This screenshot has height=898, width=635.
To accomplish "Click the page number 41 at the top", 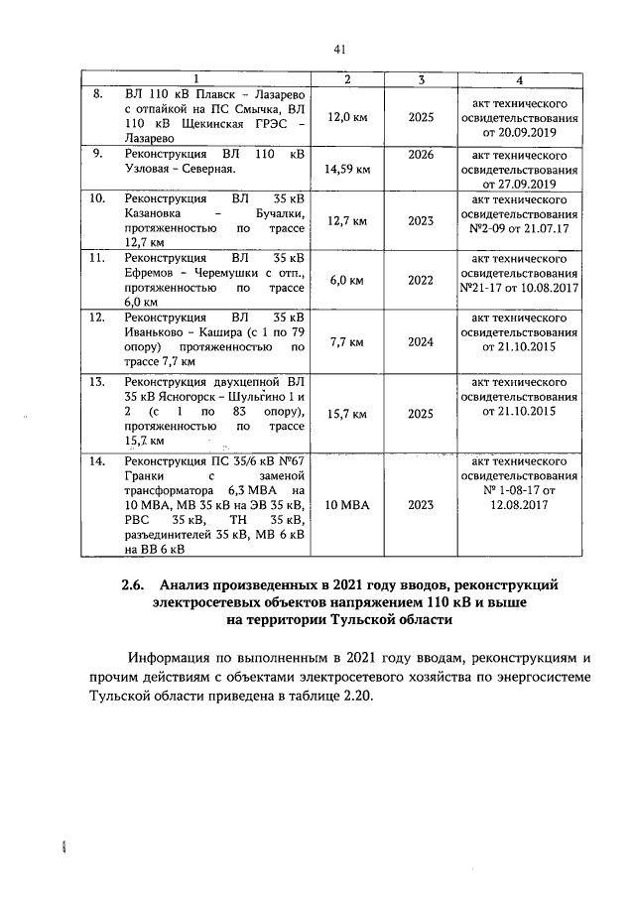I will (340, 49).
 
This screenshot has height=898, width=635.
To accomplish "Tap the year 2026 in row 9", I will (421, 155).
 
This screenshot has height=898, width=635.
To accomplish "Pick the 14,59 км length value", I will (347, 170).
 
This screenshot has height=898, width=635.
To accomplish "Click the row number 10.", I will (98, 198).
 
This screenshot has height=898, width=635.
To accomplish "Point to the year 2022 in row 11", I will (421, 281).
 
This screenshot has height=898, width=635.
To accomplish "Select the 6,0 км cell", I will (347, 281).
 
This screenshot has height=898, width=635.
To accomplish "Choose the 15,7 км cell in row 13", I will (347, 413).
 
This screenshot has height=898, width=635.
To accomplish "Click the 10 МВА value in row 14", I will (347, 505).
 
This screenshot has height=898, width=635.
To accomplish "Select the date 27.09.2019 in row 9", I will (519, 184).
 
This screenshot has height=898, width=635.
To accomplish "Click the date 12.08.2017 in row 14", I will (519, 505).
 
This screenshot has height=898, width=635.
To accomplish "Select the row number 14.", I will (98, 460).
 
